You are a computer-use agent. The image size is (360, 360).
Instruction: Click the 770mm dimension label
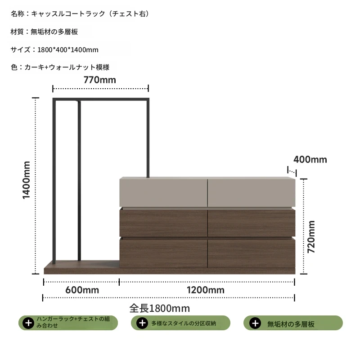click(x=99, y=80)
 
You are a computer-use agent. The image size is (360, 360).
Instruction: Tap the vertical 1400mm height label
click(x=27, y=180)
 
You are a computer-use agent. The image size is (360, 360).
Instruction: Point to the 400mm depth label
click(x=310, y=160)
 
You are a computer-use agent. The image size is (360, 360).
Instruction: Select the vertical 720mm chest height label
click(x=311, y=237)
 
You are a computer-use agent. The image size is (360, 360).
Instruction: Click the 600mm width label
click(x=82, y=290)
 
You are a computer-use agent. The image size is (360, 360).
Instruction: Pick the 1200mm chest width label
click(x=206, y=290)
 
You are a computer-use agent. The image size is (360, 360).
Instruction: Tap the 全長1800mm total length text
click(x=160, y=308)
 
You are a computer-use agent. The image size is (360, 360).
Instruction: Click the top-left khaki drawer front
click(x=163, y=193)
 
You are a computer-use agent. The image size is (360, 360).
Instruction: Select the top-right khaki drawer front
click(x=252, y=193)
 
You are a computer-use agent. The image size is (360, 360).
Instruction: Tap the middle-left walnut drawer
click(x=163, y=222)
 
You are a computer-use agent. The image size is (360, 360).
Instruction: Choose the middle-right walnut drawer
click(x=252, y=222)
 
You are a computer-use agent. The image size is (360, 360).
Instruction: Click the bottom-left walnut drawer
click(x=163, y=253)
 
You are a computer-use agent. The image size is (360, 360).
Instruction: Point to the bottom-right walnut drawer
click(x=252, y=253)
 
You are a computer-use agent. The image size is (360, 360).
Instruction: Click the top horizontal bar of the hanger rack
click(x=101, y=99)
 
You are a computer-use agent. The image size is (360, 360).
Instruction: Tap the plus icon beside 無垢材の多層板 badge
click(x=255, y=323)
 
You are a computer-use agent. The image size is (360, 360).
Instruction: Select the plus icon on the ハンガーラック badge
click(x=28, y=323)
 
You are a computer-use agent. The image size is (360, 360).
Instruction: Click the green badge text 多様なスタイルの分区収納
click(x=184, y=323)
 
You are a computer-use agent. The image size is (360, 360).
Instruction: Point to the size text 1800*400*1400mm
click(x=68, y=49)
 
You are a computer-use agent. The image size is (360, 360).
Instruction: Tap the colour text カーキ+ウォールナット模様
click(x=67, y=67)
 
